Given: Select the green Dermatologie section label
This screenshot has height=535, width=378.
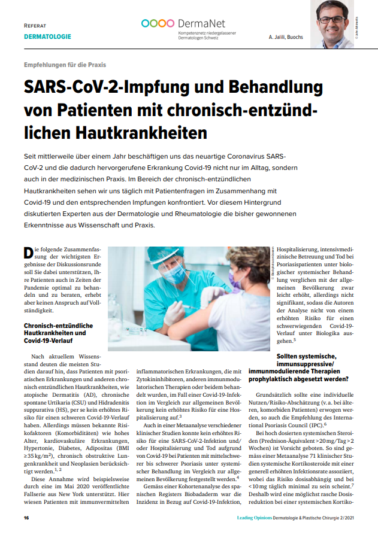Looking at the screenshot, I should pyautogui.click(x=47, y=37).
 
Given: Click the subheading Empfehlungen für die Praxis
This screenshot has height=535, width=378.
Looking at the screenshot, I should pyautogui.click(x=65, y=65).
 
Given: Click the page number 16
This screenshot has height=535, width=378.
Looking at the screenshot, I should pyautogui.click(x=26, y=518).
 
